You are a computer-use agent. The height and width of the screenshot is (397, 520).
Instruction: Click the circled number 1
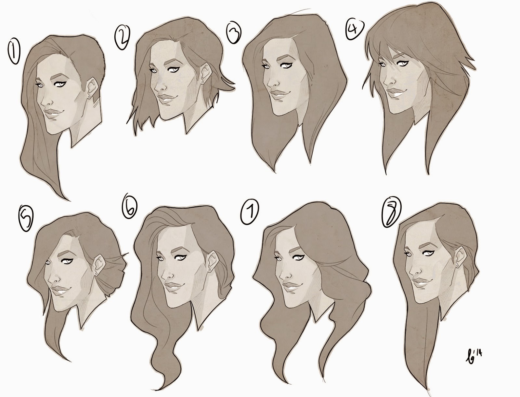[14, 52]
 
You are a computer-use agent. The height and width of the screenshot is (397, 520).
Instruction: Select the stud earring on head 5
[97, 274]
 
